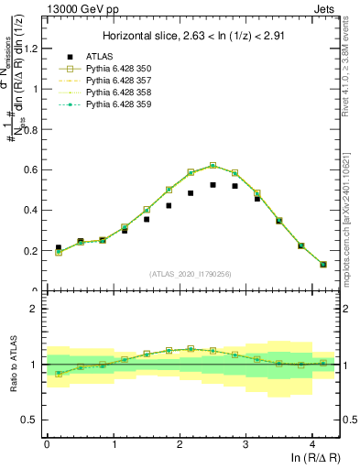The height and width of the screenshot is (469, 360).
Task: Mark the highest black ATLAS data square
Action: (213, 185)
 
